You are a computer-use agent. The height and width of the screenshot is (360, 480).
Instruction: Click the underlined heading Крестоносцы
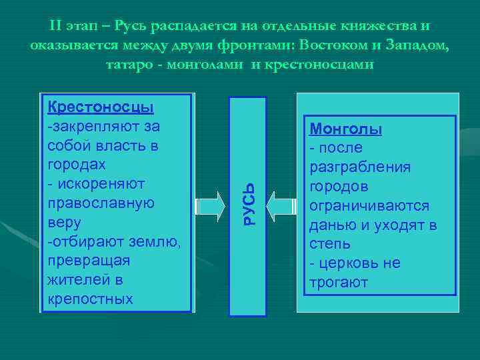tap(100, 107)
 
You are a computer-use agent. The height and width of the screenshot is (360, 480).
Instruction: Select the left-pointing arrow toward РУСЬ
tap(283, 205)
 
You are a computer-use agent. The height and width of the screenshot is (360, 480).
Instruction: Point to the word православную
tap(101, 203)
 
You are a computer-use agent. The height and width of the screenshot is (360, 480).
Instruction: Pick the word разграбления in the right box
tap(359, 167)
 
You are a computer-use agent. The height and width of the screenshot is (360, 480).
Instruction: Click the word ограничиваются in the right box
tap(368, 205)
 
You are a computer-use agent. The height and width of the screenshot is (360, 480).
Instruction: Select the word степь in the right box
tap(328, 244)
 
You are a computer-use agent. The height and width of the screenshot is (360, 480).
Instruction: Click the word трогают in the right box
tap(338, 283)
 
